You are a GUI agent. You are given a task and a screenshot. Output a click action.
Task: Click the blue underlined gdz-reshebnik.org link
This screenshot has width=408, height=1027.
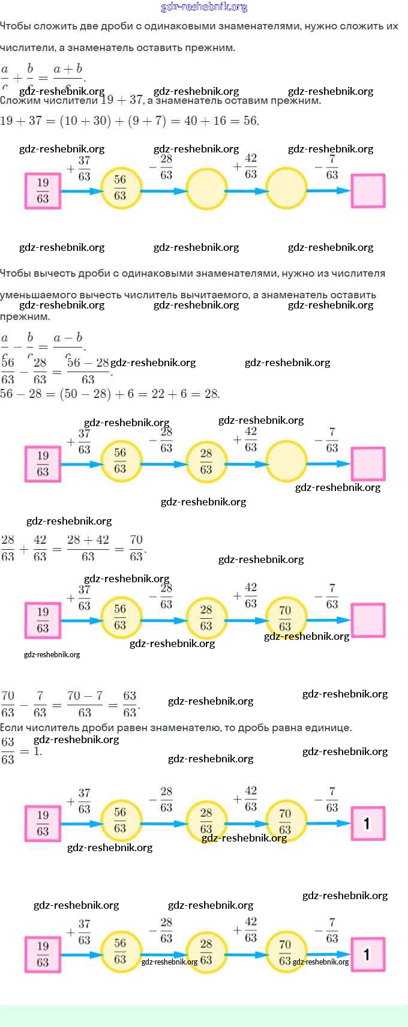(204, 7)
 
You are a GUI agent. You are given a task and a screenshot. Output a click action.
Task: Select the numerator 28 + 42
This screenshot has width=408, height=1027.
(88, 540)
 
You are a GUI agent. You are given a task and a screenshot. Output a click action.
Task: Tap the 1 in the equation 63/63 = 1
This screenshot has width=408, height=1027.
(37, 751)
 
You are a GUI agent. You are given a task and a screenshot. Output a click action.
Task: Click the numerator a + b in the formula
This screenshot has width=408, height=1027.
(68, 68)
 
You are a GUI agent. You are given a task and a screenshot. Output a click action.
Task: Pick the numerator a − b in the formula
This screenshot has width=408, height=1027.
(68, 337)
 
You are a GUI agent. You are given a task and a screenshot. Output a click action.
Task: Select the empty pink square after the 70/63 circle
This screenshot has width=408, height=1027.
(368, 620)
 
